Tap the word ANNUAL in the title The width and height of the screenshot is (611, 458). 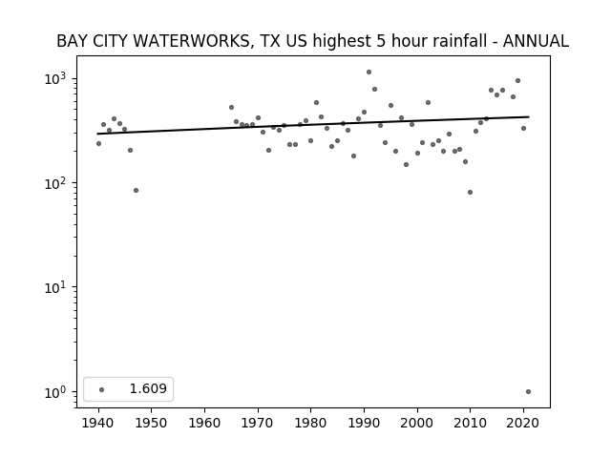[x=536, y=41]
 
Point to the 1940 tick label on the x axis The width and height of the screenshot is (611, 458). [x=98, y=423]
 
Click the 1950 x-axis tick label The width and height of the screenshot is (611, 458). [x=151, y=423]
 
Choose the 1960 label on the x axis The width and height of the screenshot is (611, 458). [x=204, y=423]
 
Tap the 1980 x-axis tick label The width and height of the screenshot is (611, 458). [x=310, y=423]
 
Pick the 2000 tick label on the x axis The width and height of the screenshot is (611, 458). [x=417, y=423]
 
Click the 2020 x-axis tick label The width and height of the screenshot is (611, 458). [x=523, y=423]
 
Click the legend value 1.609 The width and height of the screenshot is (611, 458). [x=148, y=388]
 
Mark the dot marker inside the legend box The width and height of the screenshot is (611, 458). [x=102, y=389]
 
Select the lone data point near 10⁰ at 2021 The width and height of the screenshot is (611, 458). [x=528, y=392]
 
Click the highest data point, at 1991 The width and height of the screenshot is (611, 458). [x=369, y=73]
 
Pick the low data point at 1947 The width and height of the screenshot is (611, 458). [x=136, y=191]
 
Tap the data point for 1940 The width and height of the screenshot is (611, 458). [x=98, y=144]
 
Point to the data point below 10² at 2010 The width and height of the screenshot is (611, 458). [x=470, y=193]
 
